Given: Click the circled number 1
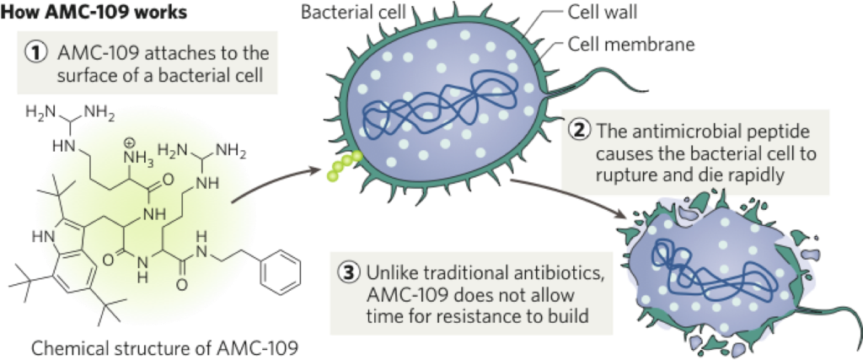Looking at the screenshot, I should (37, 52).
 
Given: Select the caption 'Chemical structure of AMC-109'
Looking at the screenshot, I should (164, 347).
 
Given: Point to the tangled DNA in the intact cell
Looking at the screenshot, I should (438, 105).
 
